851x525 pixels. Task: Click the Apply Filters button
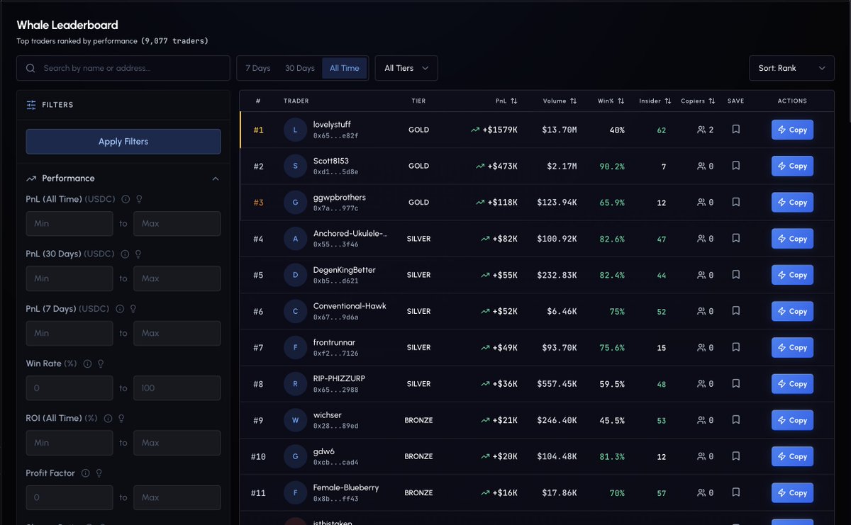(x=123, y=142)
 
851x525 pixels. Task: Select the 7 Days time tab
(x=258, y=68)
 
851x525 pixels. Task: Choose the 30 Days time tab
(x=300, y=68)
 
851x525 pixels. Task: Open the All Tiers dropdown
(x=406, y=68)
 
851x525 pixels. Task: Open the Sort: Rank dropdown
(x=791, y=68)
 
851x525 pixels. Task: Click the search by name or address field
(x=123, y=68)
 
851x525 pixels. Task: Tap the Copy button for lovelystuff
(x=792, y=130)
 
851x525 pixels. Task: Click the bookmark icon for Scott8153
(x=736, y=166)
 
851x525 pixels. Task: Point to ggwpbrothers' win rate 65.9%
(x=611, y=203)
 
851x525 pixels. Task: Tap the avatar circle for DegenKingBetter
(x=295, y=275)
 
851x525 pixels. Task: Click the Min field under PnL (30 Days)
(x=69, y=278)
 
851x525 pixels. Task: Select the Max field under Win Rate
(x=177, y=388)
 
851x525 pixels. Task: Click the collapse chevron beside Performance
(x=216, y=179)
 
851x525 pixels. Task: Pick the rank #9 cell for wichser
(x=258, y=420)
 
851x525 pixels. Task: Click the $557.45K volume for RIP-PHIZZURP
(x=557, y=384)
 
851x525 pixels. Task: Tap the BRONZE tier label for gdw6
(x=418, y=456)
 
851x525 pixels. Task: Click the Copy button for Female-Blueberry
(x=792, y=492)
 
